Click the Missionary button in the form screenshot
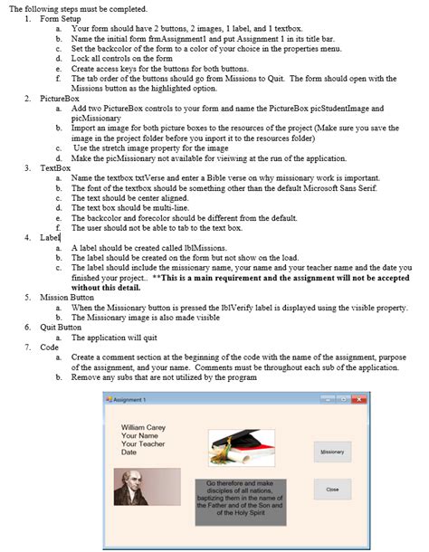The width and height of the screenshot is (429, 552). (x=332, y=451)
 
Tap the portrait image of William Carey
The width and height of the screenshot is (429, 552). (x=147, y=487)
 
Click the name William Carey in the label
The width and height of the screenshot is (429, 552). (x=143, y=426)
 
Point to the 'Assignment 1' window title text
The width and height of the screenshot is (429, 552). (x=132, y=399)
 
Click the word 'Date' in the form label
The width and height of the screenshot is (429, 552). (x=129, y=452)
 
